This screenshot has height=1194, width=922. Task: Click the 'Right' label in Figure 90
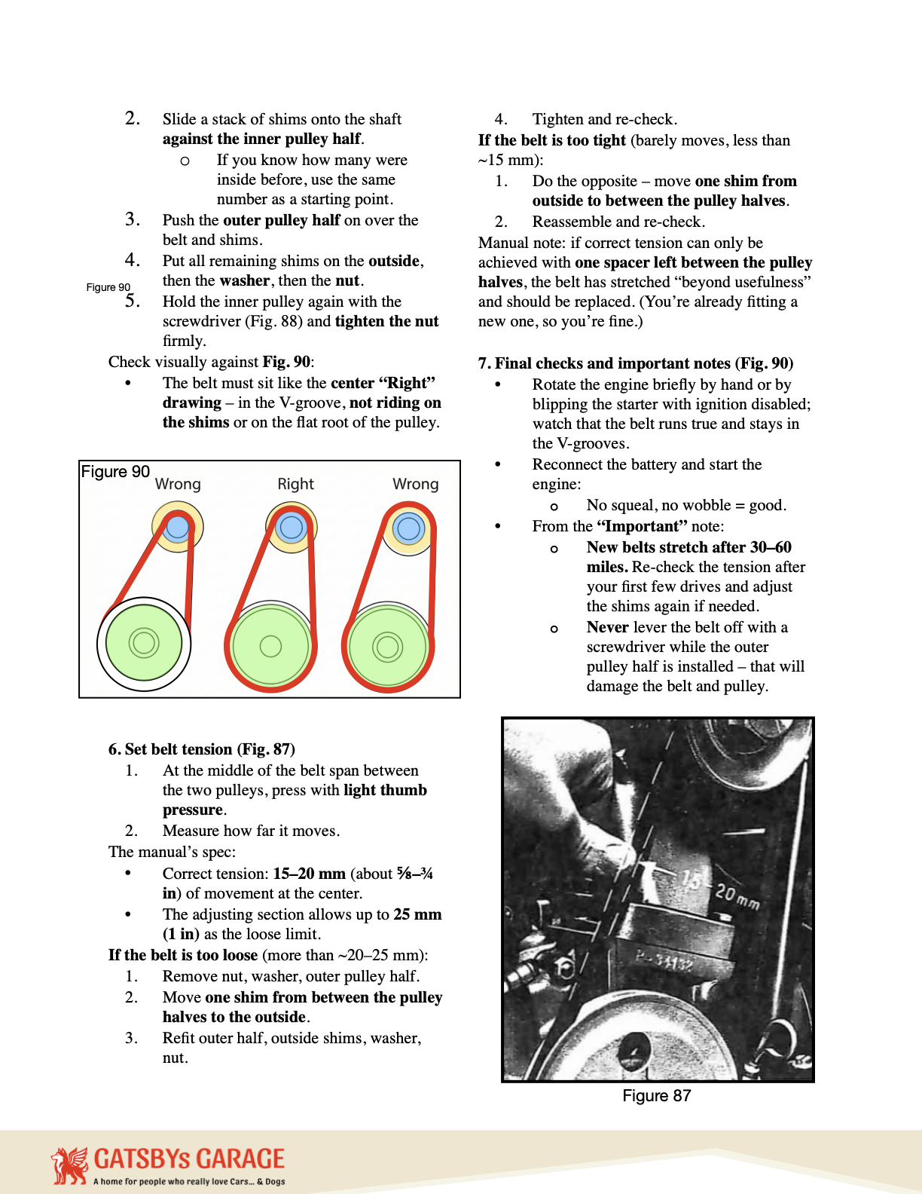(295, 484)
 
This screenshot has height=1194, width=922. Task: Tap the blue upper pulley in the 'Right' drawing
(291, 527)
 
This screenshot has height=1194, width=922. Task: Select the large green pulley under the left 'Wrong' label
(144, 644)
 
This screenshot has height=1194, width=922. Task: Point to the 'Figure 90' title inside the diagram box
(115, 472)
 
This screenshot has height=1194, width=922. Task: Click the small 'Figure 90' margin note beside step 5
(108, 287)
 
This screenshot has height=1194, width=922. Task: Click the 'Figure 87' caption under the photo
(656, 1096)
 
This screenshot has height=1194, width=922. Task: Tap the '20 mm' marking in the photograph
(737, 897)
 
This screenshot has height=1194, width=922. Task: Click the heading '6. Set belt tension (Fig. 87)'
(201, 749)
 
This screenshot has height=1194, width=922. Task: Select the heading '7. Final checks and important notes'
(635, 363)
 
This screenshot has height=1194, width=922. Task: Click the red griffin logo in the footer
(69, 1165)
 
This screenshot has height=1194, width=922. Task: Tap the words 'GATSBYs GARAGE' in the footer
(189, 1159)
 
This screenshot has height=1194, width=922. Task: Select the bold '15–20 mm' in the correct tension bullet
(309, 874)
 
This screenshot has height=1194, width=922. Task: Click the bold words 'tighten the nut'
(386, 321)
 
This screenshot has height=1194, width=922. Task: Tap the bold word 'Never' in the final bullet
(607, 627)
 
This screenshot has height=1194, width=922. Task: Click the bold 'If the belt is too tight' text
(551, 140)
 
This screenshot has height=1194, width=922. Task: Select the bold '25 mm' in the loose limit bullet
(417, 914)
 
